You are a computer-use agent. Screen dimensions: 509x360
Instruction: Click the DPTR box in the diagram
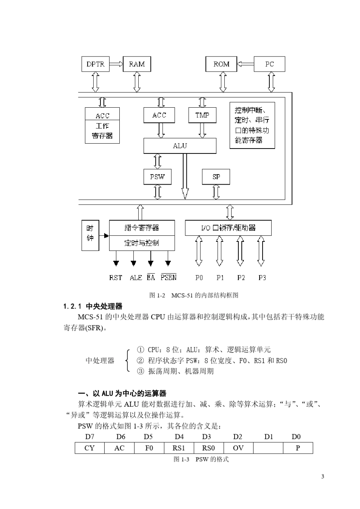pos(95,64)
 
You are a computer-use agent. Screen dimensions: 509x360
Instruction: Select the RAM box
pos(137,64)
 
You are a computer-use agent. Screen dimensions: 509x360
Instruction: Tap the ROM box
pos(221,64)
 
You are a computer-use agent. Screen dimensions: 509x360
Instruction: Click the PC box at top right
pos(269,64)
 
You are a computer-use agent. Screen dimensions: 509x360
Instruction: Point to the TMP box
pos(202,115)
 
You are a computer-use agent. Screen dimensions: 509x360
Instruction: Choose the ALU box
pos(180,146)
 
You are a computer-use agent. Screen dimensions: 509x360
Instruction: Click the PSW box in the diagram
pos(157,177)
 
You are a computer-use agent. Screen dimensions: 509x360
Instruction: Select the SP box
pos(216,177)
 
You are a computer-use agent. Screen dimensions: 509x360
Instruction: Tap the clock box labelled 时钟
pos(90,235)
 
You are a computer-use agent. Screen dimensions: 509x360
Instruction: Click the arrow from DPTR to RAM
pos(116,64)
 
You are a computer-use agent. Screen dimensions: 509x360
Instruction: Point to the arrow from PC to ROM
pos(245,64)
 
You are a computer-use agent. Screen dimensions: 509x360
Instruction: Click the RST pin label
pos(116,278)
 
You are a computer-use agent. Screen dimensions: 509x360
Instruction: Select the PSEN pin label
pos(169,277)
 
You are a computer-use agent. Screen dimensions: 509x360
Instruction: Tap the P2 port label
pos(241,278)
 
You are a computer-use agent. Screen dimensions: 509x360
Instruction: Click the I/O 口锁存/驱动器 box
pos(228,228)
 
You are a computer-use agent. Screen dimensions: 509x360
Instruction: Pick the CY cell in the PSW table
pos(89,448)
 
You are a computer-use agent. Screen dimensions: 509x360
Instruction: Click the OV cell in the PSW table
pos(238,448)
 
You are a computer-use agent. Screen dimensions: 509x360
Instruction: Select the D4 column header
pos(179,437)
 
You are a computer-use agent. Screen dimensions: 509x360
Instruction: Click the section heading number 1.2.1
pos(73,306)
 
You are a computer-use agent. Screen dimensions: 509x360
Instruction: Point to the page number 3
pos(322,476)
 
